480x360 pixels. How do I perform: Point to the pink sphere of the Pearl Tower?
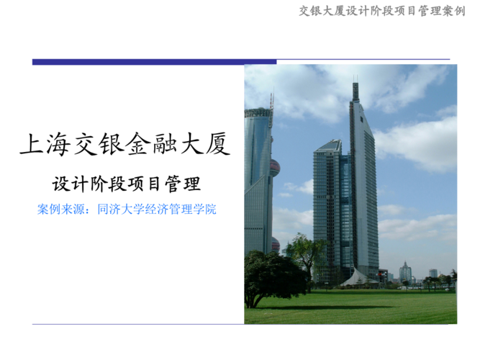tap(274, 168)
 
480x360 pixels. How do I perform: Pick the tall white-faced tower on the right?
tap(366, 194)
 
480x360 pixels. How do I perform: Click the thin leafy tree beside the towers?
tap(305, 252)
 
